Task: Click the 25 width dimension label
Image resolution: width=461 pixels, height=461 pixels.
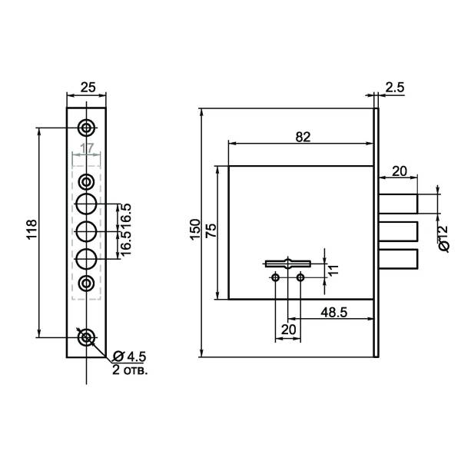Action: [x=87, y=87]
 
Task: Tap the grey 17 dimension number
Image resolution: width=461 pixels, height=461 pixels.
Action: [x=87, y=148]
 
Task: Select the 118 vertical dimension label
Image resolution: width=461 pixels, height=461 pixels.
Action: [x=32, y=230]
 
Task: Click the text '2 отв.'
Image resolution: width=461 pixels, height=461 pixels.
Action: [x=131, y=370]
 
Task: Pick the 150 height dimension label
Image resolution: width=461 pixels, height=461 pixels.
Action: [x=195, y=230]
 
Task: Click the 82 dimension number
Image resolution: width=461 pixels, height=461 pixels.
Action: [x=302, y=137]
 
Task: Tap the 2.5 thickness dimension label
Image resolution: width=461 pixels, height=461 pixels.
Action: [x=395, y=88]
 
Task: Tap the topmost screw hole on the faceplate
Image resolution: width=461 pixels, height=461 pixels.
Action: [x=87, y=126]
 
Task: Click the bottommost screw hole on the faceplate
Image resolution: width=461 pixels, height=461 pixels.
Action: [x=87, y=337]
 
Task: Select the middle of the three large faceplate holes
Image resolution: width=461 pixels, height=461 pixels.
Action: [x=87, y=231]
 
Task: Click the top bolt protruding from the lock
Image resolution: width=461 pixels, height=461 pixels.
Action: [x=398, y=202]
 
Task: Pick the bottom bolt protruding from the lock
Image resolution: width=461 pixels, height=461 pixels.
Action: [x=398, y=259]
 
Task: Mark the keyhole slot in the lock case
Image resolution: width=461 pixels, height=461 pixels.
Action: [x=287, y=264]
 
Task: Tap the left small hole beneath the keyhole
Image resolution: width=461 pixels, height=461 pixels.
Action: [x=276, y=277]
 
